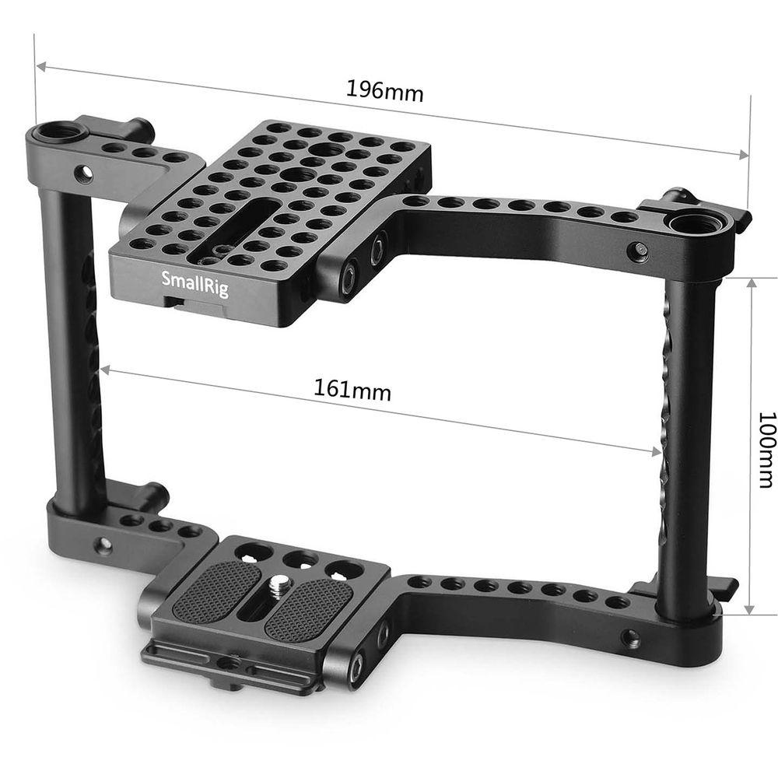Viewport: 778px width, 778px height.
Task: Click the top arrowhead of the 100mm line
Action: tap(750, 282)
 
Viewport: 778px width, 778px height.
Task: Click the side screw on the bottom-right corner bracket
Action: tap(632, 640)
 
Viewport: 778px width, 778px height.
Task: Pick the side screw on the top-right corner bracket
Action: tap(639, 251)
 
